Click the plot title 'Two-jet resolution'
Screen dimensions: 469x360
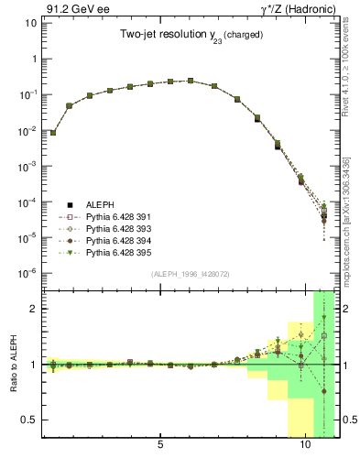[161, 34]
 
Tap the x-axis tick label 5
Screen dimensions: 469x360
[160, 446]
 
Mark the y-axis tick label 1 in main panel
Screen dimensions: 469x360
[33, 60]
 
